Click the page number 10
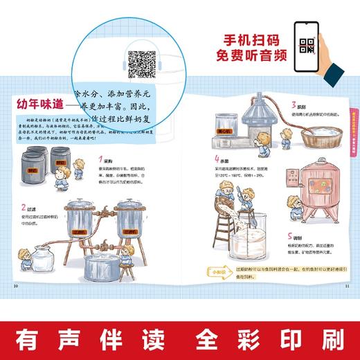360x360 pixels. pyautogui.click(x=16, y=285)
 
